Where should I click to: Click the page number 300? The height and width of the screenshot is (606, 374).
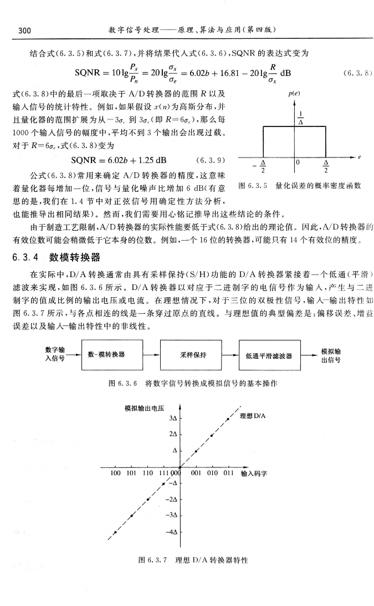[x=24, y=29]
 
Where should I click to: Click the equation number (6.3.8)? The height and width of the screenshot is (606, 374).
[x=357, y=72]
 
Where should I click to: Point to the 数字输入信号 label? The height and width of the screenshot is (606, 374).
[x=54, y=354]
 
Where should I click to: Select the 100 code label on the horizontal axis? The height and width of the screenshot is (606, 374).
[x=115, y=474]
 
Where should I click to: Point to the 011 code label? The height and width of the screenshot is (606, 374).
[x=228, y=474]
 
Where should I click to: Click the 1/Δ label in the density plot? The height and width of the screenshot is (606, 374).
[x=300, y=118]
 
